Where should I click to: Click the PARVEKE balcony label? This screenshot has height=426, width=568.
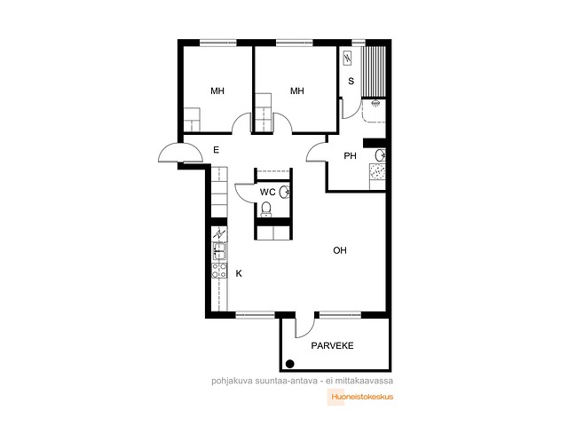(x=332, y=345)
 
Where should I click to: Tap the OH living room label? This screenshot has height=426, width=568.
(x=340, y=250)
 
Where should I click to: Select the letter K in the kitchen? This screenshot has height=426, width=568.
(x=239, y=273)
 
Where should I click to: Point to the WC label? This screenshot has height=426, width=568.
(x=268, y=192)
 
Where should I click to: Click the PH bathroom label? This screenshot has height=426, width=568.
(x=350, y=156)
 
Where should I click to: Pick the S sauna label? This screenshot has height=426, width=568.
(x=351, y=81)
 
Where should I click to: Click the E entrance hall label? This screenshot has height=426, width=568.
(x=217, y=150)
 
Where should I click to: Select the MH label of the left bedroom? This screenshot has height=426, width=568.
(x=217, y=91)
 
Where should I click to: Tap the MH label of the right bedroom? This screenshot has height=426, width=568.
(x=297, y=91)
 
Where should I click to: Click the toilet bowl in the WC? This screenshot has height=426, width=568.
(x=266, y=209)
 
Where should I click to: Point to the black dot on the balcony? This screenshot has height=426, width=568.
(x=290, y=364)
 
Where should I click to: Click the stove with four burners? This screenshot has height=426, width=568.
(x=219, y=271)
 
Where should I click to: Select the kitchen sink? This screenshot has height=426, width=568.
(x=219, y=251)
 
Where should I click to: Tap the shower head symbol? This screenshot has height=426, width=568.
(x=375, y=103)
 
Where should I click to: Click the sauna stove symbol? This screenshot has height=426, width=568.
(x=347, y=58)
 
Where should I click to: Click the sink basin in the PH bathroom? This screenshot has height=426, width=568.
(x=381, y=156)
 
